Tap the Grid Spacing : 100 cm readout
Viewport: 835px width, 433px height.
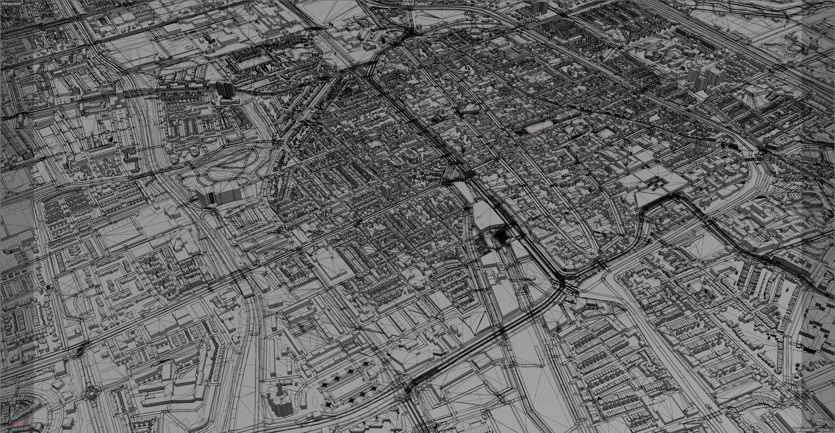(x=814, y=429)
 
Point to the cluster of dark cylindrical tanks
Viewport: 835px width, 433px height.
(x=211, y=40)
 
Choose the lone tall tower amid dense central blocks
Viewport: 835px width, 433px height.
(x=385, y=190)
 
